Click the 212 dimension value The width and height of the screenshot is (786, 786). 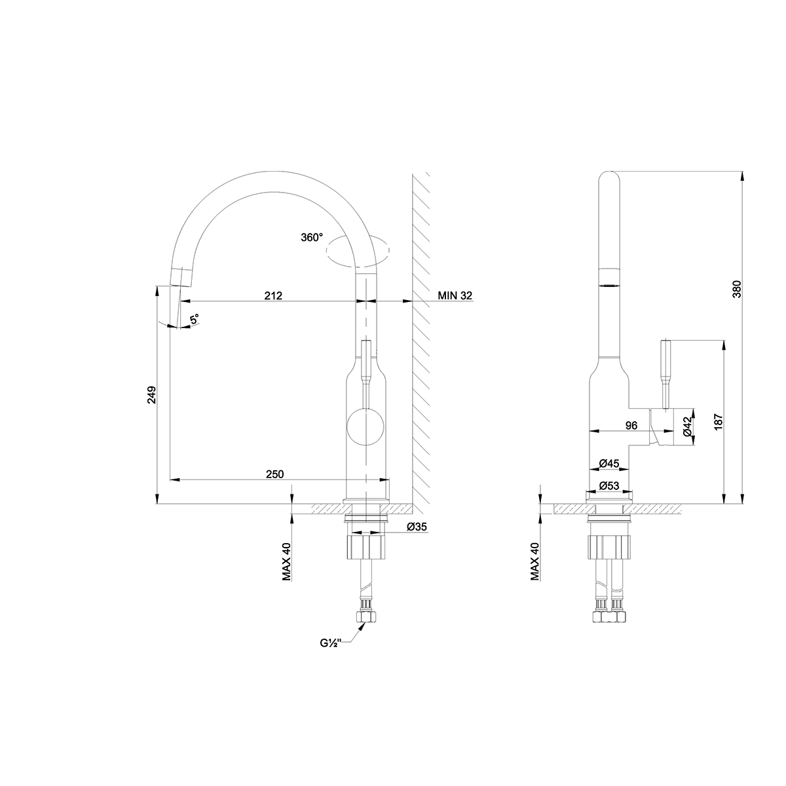(x=273, y=295)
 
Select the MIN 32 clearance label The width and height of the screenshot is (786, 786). (x=455, y=295)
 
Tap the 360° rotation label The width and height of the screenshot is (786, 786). (x=312, y=237)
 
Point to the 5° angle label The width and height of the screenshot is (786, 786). (x=195, y=320)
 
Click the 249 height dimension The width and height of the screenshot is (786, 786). (x=151, y=395)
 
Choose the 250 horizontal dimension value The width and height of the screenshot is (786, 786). (x=274, y=474)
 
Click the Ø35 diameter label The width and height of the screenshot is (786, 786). (x=417, y=527)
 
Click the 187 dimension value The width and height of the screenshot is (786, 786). (x=718, y=422)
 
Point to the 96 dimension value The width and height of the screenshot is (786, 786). (x=631, y=426)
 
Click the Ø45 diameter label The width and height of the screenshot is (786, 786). (x=609, y=464)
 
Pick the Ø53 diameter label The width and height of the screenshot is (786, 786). (x=609, y=485)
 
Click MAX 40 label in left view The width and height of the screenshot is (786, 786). (x=286, y=562)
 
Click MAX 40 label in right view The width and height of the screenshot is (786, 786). (x=534, y=562)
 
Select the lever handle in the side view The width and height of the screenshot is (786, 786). (x=667, y=373)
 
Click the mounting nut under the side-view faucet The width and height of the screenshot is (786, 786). (x=609, y=546)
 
